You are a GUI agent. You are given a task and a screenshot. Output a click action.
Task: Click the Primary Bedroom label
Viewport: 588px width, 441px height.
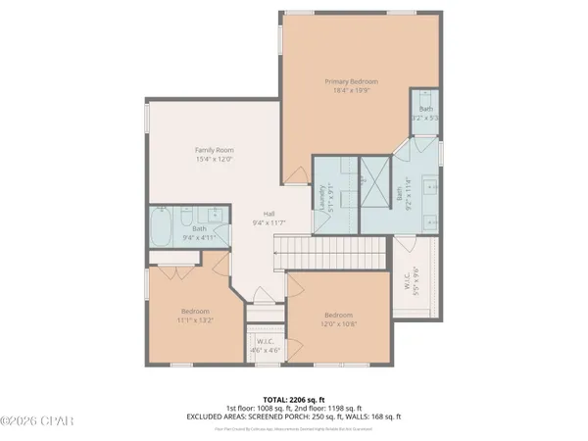tap(351, 81)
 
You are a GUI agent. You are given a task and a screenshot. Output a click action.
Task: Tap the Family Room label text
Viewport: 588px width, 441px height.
tap(214, 149)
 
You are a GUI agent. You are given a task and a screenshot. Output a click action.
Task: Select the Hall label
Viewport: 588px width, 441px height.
tap(268, 214)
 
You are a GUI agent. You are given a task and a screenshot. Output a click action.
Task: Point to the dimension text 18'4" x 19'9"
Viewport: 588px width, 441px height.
tap(351, 90)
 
